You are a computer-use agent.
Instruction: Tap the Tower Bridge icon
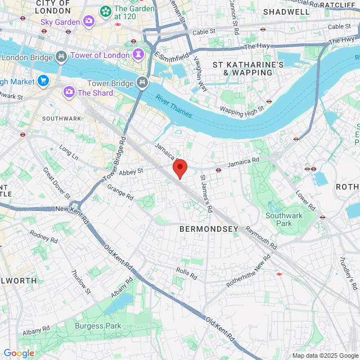pos(142,83)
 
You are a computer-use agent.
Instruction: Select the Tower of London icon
pos(138,55)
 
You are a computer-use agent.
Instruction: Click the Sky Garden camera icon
pos(89,21)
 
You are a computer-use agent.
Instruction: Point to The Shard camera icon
pos(69,92)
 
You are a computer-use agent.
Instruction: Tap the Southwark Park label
pos(284,219)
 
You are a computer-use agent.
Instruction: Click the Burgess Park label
pos(98,326)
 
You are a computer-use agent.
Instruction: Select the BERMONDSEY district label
pos(209,229)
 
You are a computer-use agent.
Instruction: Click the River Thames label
pos(174,106)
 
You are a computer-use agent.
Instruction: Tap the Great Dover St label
pos(56,182)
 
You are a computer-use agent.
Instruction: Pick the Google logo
pos(19,353)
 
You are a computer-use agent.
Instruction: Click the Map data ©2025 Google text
pos(325,355)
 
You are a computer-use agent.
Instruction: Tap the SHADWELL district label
pos(286,11)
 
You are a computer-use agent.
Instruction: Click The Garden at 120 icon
pos(105,11)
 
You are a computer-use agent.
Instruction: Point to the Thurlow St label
pos(80,281)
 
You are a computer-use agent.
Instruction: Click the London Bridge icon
pos(61,57)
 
